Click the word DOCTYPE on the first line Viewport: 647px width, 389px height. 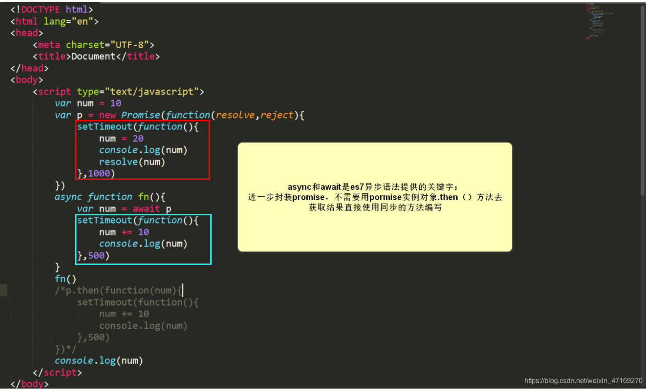[40, 10]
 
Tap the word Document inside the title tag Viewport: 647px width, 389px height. [93, 56]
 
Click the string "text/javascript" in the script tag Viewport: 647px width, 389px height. [152, 92]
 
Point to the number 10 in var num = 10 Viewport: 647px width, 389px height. [116, 103]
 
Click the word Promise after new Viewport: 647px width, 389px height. [141, 115]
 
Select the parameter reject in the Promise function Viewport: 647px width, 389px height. [277, 115]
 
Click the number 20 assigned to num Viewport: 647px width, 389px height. [138, 138]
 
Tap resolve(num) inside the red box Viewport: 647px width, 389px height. [132, 162]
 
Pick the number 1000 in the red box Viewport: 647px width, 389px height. [99, 174]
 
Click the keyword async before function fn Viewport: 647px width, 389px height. [68, 197]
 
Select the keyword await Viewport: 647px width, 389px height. [146, 209]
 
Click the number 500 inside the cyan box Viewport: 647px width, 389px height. [96, 256]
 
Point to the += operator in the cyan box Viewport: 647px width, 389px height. [127, 232]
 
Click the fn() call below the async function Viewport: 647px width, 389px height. [66, 279]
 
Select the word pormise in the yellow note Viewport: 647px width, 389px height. [385, 197]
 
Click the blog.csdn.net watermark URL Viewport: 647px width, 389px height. [583, 381]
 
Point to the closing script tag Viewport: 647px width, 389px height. [57, 373]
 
